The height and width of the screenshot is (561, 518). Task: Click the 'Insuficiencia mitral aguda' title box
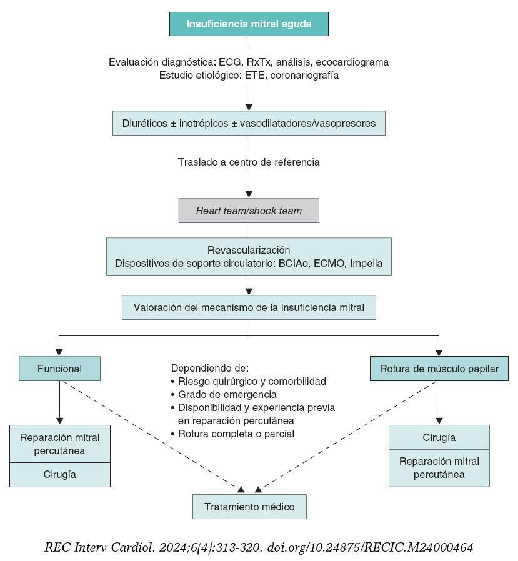[249, 24]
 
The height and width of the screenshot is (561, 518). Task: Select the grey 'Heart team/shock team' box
[249, 211]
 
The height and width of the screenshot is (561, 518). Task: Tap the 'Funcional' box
[59, 369]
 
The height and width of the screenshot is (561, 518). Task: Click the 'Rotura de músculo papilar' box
[439, 369]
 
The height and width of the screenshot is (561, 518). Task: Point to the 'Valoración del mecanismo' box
[249, 307]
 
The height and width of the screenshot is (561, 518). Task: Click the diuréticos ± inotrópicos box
[249, 123]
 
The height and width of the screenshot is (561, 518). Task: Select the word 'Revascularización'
[248, 250]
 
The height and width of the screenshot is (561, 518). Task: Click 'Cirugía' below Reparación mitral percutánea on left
[59, 475]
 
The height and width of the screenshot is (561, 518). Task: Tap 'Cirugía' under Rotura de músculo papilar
[439, 437]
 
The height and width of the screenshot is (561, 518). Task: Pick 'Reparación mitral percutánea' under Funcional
[59, 443]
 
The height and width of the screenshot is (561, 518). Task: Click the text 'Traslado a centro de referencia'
[249, 162]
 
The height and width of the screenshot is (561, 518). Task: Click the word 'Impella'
[366, 263]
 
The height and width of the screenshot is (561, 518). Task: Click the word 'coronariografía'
[304, 75]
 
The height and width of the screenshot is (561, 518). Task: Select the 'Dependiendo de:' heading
[209, 367]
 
